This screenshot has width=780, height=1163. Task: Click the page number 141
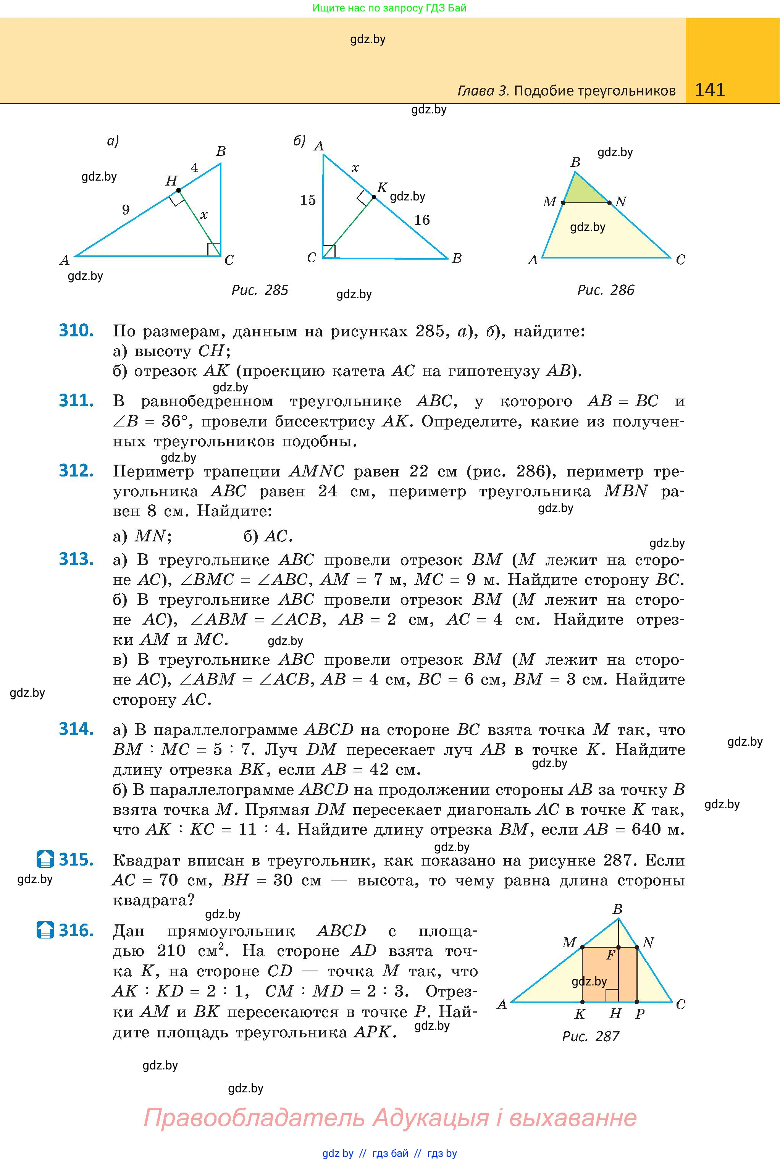709,90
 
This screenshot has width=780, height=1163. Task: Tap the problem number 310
76,331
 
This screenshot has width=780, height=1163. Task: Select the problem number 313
76,560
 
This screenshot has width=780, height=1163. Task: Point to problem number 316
76,930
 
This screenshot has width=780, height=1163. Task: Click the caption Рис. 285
260,290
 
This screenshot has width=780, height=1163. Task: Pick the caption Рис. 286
606,290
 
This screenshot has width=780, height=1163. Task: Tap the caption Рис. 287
591,1036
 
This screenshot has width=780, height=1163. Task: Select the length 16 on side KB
422,220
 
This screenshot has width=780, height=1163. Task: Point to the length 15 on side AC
308,200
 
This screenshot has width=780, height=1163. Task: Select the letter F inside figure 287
610,955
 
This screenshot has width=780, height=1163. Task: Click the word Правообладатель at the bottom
254,1118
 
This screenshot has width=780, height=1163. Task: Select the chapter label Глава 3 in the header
483,90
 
